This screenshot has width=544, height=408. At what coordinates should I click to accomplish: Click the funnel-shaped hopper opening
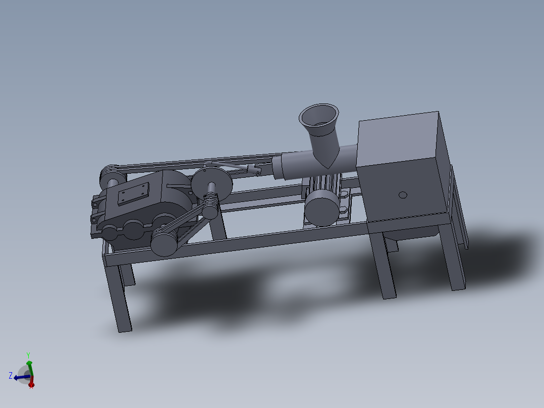(x=317, y=116)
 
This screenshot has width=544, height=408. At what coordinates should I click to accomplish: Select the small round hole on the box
(x=402, y=195)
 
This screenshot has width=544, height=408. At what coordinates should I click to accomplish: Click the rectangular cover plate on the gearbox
(x=133, y=194)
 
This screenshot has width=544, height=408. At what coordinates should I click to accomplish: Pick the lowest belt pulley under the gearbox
(x=164, y=243)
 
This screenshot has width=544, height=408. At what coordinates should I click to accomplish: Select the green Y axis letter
(x=29, y=354)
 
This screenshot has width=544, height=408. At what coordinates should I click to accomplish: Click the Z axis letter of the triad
(x=11, y=375)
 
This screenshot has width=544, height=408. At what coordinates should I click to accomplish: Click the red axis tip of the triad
(x=31, y=385)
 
